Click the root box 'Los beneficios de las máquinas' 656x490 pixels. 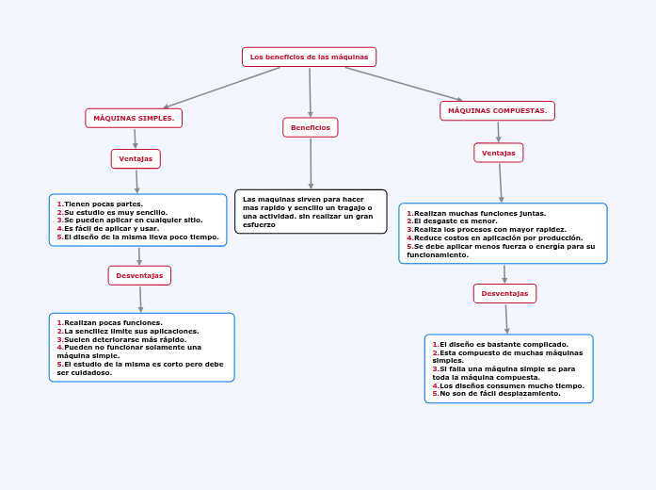coord(309,57)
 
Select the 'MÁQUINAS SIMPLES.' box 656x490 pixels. coord(134,118)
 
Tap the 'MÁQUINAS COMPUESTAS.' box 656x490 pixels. coord(498,110)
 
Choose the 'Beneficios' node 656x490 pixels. coord(311,127)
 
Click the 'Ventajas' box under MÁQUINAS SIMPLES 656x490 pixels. coord(136,158)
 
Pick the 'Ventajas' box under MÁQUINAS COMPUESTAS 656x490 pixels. coord(498,153)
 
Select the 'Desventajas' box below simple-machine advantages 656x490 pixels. coord(139,275)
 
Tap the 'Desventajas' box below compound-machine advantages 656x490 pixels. coord(505,294)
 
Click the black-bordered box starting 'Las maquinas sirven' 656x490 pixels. coord(311,211)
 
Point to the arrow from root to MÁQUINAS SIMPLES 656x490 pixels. coord(222,88)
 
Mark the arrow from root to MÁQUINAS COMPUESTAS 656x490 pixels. coord(404,84)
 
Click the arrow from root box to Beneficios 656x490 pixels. coord(310,92)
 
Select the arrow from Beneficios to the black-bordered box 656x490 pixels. coord(311,163)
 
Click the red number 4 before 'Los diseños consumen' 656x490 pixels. coord(436,385)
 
